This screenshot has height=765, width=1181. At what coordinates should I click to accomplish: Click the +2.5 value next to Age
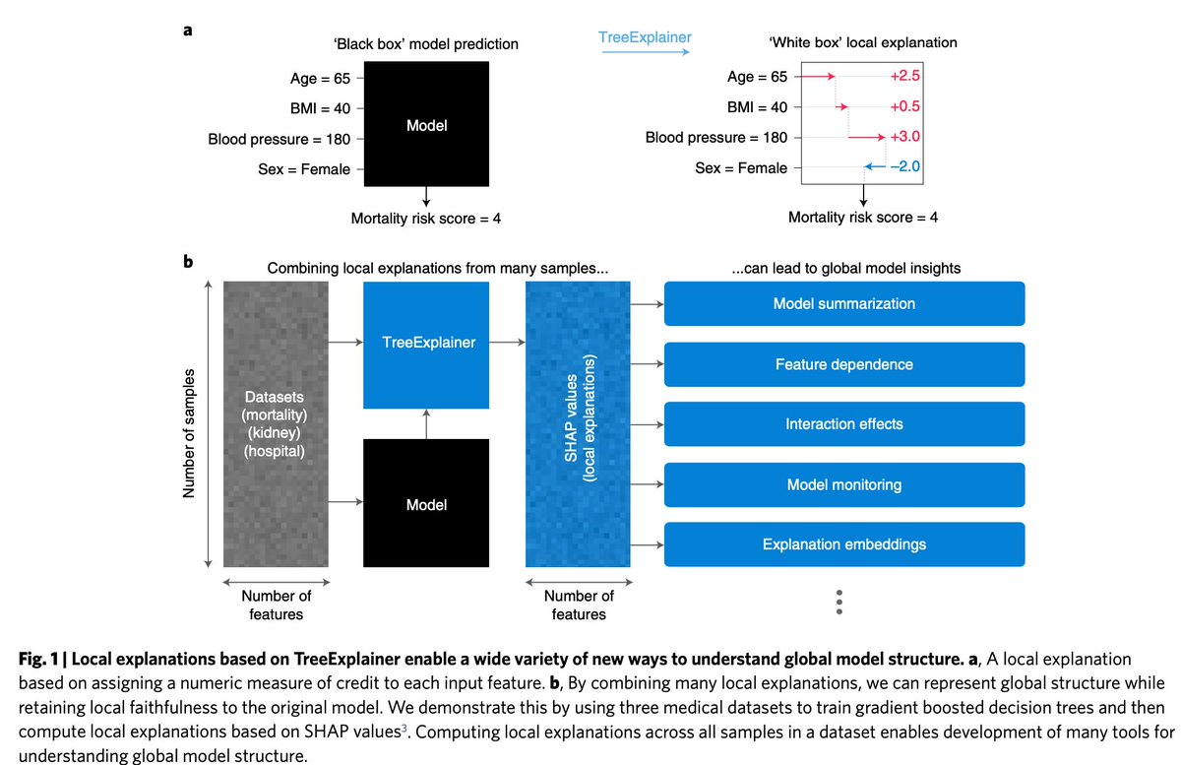(903, 77)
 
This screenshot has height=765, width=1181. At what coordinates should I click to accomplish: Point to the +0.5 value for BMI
(903, 107)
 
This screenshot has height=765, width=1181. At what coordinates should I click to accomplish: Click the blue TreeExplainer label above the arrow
(646, 37)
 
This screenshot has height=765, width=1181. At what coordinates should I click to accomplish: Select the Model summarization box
(844, 303)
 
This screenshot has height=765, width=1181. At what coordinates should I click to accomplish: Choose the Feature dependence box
(844, 364)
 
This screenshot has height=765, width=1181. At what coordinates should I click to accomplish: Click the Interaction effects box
(844, 424)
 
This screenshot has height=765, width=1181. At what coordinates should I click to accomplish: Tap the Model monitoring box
(844, 485)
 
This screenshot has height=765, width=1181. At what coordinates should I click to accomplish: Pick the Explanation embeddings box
(844, 544)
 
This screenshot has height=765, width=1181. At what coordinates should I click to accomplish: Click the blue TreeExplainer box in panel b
(426, 344)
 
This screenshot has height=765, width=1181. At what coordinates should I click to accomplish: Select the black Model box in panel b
(426, 504)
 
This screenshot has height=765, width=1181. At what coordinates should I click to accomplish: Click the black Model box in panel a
(426, 124)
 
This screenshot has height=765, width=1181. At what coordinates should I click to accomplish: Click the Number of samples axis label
(189, 433)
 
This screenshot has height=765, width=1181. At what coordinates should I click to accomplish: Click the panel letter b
(188, 263)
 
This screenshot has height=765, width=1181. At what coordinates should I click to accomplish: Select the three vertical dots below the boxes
(839, 602)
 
